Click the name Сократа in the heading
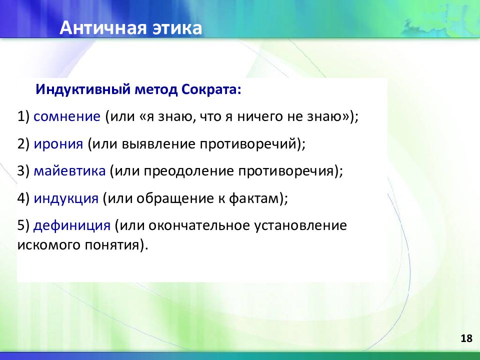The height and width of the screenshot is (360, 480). coord(211,89)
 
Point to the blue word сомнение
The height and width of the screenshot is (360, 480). coord(67,116)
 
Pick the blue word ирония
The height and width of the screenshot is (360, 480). coord(58,144)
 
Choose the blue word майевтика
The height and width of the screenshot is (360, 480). coord(69,171)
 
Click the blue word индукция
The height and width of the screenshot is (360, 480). coord(66,198)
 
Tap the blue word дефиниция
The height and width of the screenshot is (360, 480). coord(72,226)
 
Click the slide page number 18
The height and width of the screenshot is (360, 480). coord(466,338)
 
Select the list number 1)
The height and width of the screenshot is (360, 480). coord(23,116)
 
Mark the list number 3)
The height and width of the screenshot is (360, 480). coord(23,171)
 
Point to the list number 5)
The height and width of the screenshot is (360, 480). coord(23,226)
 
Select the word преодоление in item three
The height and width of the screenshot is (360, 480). coord(189,171)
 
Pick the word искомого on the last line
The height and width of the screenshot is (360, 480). coord(48,245)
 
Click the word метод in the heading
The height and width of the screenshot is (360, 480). coord(156,89)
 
